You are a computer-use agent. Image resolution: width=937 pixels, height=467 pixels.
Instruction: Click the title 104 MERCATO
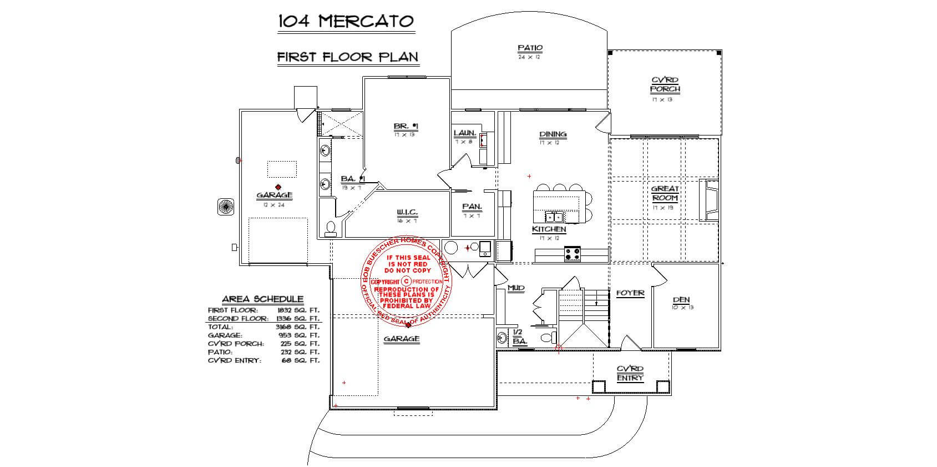(x=346, y=22)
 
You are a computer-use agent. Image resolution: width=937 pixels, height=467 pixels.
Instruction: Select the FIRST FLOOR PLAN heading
(x=348, y=57)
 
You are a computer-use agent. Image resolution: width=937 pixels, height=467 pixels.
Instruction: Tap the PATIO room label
(x=530, y=48)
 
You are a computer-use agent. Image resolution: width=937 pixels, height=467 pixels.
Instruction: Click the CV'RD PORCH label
(x=665, y=84)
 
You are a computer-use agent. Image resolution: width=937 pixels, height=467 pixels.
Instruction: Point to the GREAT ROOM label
(x=665, y=193)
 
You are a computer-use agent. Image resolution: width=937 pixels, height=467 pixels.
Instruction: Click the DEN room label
(x=681, y=299)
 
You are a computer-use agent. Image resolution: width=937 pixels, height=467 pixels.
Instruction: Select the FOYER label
(x=630, y=293)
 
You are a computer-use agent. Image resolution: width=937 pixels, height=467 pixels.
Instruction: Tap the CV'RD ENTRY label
(x=630, y=373)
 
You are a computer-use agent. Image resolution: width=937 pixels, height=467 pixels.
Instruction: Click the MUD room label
(x=516, y=288)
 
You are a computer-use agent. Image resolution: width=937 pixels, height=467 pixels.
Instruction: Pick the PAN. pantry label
(x=472, y=207)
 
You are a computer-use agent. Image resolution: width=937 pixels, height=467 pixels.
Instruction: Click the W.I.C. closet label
(x=407, y=213)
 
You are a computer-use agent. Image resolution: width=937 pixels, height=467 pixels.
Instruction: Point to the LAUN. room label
(x=464, y=133)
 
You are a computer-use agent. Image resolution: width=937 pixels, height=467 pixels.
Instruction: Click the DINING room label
(x=553, y=134)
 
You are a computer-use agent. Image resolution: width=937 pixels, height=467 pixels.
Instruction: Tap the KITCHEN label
(x=549, y=229)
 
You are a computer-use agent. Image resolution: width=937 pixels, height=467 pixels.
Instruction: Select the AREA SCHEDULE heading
(x=262, y=299)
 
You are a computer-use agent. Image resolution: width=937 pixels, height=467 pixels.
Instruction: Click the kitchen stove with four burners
(x=573, y=254)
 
